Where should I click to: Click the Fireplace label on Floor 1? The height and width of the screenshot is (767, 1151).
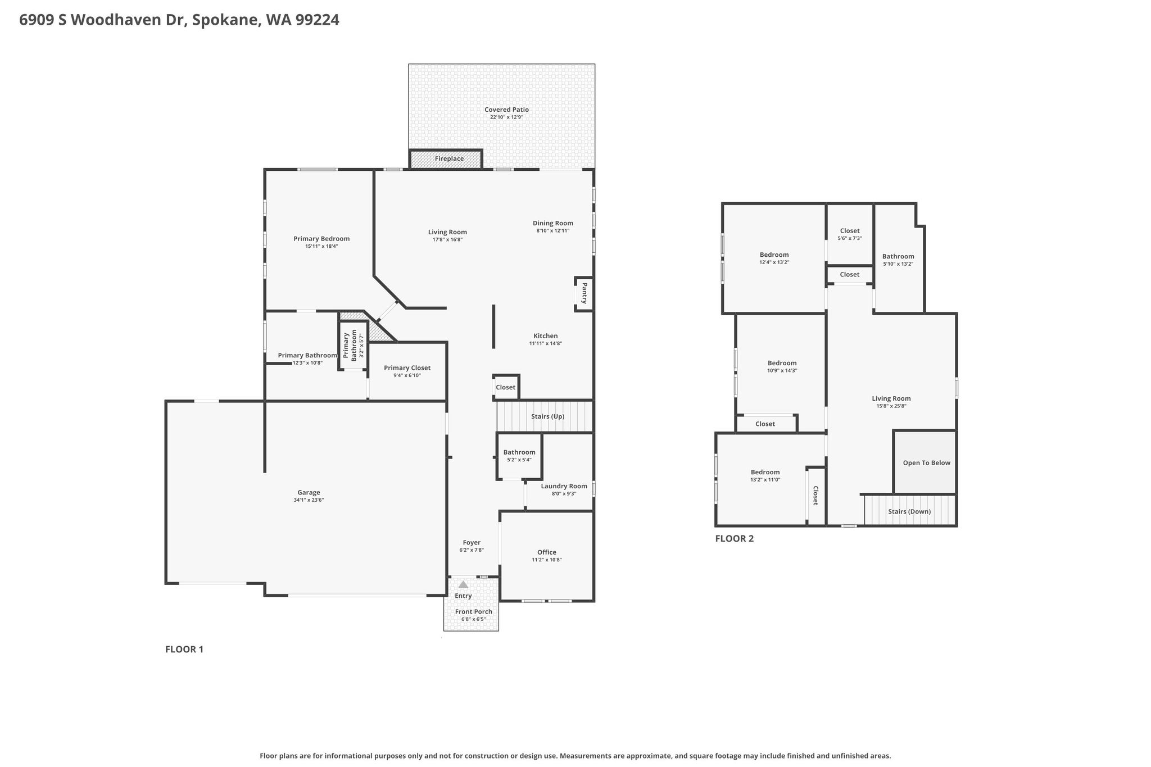[x=449, y=159]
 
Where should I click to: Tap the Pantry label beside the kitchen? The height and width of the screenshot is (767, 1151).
[x=584, y=293]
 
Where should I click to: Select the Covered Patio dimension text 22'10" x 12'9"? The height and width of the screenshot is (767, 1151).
[x=507, y=117]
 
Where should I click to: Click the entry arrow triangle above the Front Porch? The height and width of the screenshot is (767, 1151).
[x=463, y=584]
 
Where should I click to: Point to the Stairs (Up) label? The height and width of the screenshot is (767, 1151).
[x=547, y=416]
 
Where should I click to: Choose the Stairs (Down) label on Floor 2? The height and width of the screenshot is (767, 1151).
[x=909, y=512]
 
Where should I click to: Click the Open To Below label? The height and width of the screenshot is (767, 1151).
[x=927, y=463]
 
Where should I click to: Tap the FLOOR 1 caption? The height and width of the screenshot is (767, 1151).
[x=184, y=650]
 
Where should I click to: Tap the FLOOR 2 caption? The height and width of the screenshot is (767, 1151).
[x=735, y=538]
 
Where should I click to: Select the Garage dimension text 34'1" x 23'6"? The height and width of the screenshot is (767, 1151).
[x=309, y=500]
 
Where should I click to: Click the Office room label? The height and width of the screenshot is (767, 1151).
[x=547, y=552]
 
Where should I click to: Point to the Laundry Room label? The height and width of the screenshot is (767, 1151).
[x=564, y=486]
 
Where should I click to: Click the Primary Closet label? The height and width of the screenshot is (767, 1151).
[x=407, y=368]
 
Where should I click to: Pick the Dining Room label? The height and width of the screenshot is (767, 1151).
[x=553, y=223]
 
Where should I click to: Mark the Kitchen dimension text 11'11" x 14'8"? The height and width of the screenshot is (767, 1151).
[x=546, y=343]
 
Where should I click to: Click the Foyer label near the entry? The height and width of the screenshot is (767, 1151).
[x=472, y=543]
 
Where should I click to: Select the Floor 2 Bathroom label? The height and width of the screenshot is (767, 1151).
[x=898, y=257]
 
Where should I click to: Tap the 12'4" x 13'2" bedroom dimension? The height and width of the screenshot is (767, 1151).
[x=774, y=262]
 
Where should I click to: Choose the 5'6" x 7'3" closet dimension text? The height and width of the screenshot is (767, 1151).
[x=850, y=238]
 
